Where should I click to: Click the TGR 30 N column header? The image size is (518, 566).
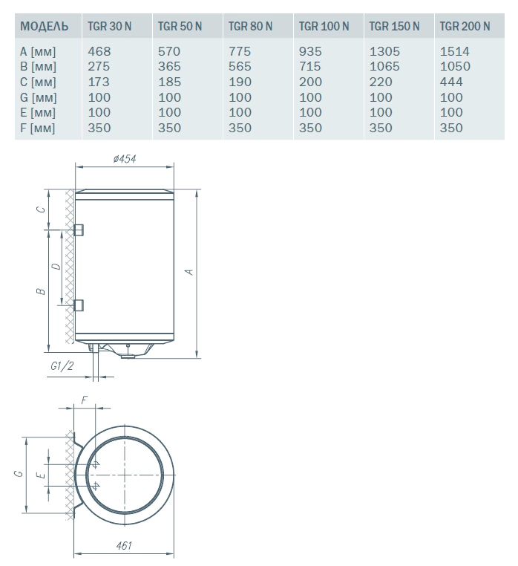pyautogui.click(x=109, y=26)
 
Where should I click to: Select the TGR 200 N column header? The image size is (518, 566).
pyautogui.click(x=465, y=26)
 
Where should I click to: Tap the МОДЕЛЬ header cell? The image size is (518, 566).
pyautogui.click(x=45, y=26)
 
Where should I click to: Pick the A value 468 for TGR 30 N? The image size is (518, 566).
pyautogui.click(x=99, y=51)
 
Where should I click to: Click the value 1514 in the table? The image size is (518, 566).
pyautogui.click(x=454, y=51)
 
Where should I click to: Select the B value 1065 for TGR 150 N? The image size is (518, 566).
pyautogui.click(x=384, y=66)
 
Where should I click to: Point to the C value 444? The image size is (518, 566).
pyautogui.click(x=451, y=82)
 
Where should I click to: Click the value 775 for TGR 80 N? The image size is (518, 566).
pyautogui.click(x=240, y=51)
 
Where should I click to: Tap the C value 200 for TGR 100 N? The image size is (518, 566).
pyautogui.click(x=310, y=82)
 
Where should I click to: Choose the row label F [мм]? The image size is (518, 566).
pyautogui.click(x=38, y=129)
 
